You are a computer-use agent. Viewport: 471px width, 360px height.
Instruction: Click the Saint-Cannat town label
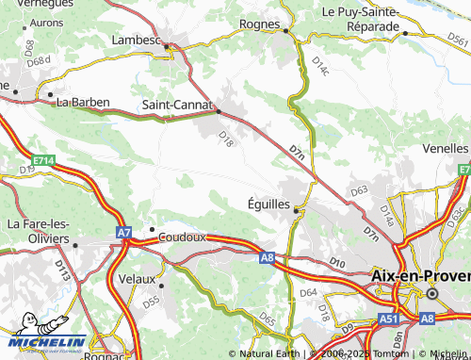coord(176,105)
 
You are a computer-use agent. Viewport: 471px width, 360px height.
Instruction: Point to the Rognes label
coord(260,24)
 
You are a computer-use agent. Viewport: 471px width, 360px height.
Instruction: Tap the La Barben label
coord(84,102)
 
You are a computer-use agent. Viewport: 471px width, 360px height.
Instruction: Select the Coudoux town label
coord(182,237)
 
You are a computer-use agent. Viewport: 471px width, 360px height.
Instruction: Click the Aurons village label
coord(47,22)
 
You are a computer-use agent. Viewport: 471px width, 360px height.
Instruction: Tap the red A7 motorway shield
coord(124,232)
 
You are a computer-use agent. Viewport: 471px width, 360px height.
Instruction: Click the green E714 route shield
coord(41,161)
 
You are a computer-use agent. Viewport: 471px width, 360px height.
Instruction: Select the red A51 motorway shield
coord(387,321)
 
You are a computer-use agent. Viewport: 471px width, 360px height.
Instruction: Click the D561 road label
coord(459,41)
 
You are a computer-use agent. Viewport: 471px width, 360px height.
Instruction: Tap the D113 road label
coord(63,271)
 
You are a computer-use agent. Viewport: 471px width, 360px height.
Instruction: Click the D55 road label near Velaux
coord(151,301)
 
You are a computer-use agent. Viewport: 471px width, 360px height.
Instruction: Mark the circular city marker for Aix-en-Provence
coord(432,293)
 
